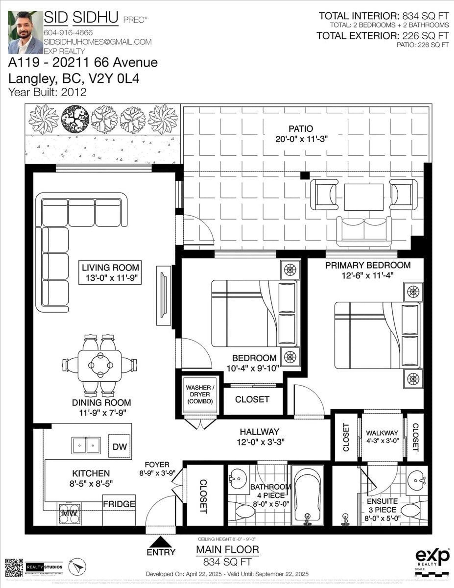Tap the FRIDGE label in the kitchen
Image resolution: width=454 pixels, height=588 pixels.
[x=119, y=504]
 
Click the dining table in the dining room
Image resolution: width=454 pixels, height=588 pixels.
[x=100, y=365]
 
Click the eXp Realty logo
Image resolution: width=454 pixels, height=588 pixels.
[x=432, y=558]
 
